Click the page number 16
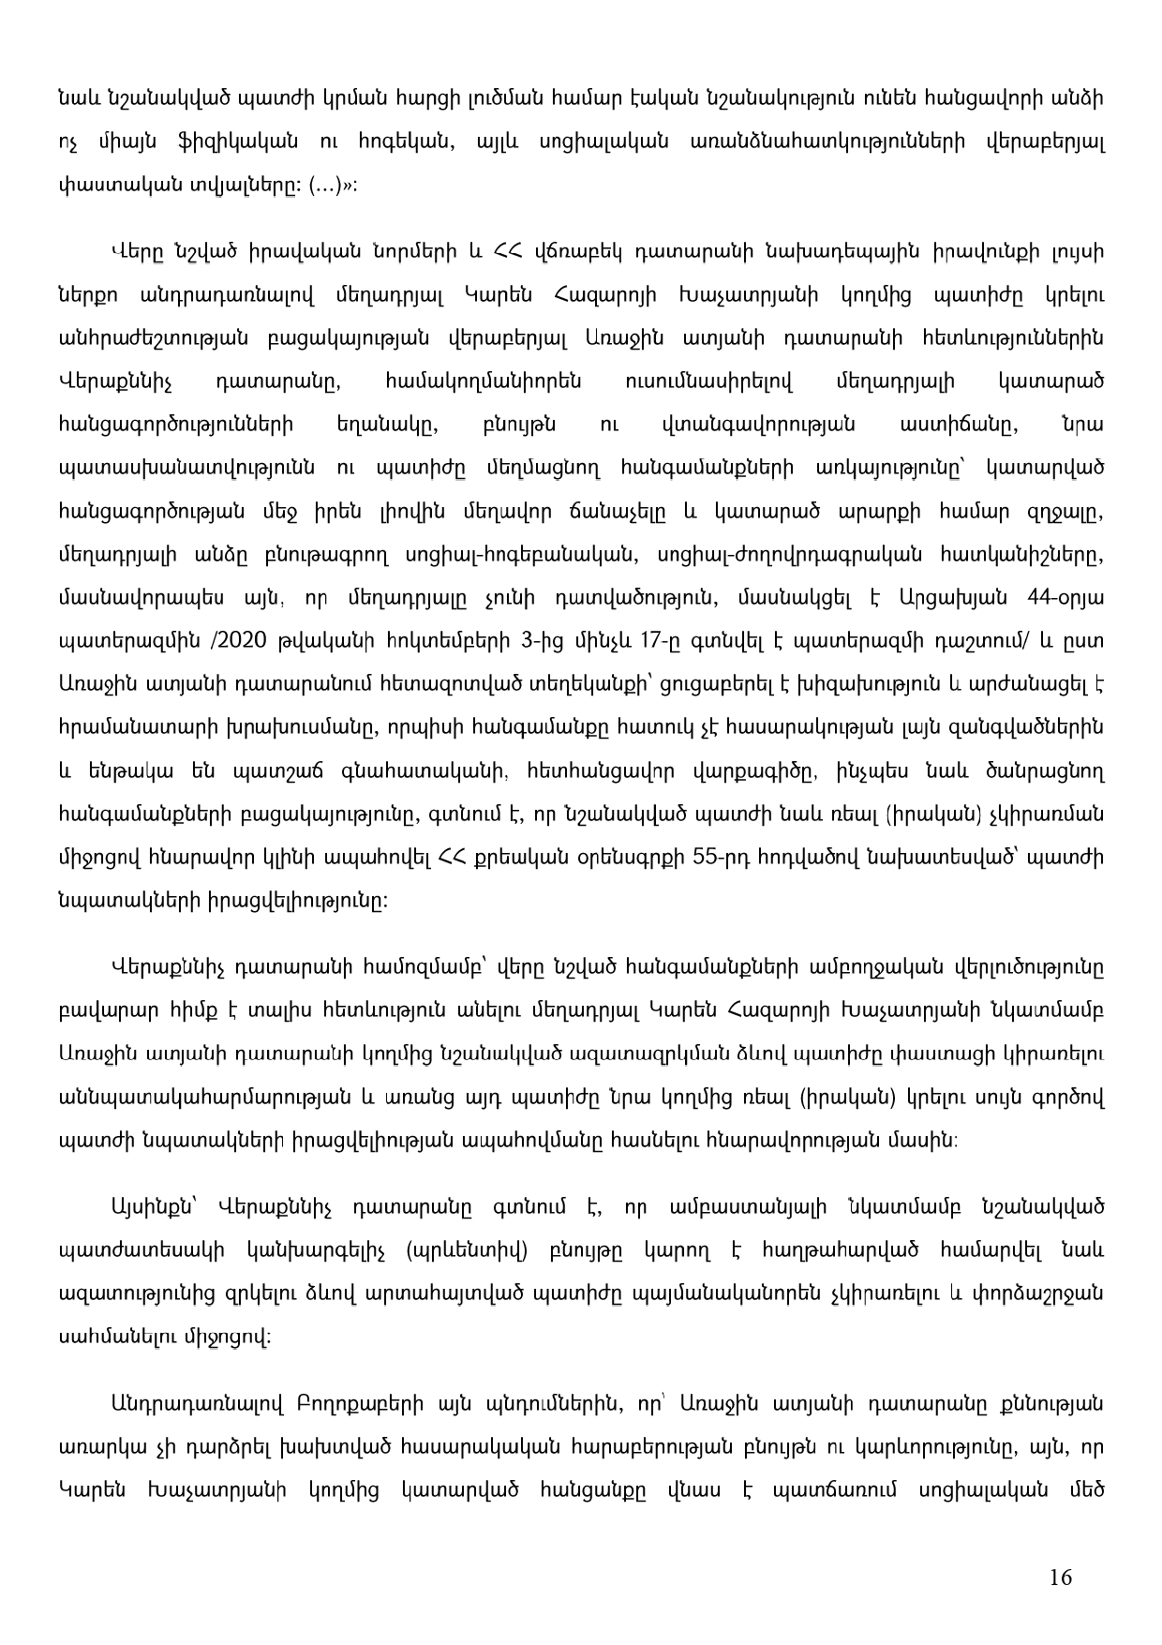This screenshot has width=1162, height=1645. coord(1061,1577)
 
